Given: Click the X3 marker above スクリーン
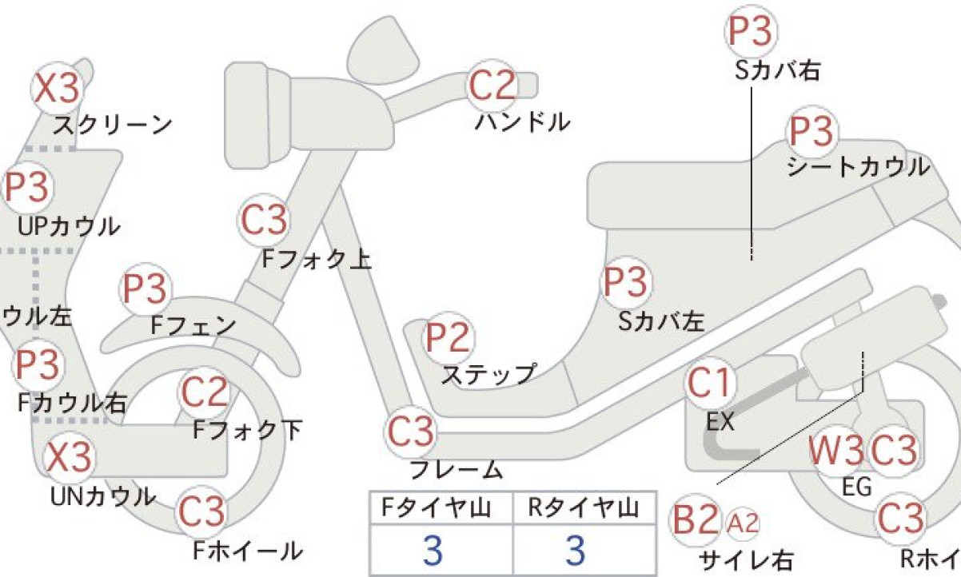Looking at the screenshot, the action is [x=57, y=89].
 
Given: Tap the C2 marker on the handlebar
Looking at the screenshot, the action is [x=492, y=86].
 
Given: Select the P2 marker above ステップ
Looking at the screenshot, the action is [x=448, y=337].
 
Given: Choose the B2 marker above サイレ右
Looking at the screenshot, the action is [x=695, y=520].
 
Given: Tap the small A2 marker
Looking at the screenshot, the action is [x=743, y=523].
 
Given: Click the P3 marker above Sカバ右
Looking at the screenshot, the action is [x=751, y=31].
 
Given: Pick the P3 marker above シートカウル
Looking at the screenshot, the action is [x=811, y=131].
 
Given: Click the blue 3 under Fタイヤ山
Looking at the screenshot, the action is [x=433, y=551].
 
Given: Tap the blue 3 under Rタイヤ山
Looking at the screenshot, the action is [x=576, y=551].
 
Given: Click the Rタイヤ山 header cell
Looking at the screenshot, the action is [x=584, y=507].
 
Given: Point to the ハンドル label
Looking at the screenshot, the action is [x=523, y=122].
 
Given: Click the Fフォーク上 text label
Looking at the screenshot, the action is [x=317, y=259].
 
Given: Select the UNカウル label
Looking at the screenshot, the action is [x=103, y=497].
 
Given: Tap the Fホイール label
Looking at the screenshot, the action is [x=248, y=551].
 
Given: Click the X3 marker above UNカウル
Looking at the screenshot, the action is [x=69, y=456].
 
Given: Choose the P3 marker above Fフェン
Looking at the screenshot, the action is [x=145, y=288].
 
